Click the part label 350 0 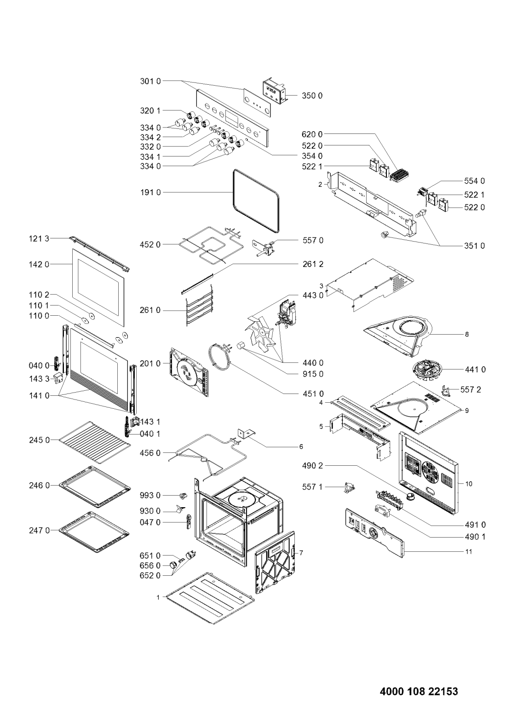coord(312,96)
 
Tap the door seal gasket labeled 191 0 coord(256,200)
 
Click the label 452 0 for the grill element coord(150,245)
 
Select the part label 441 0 coord(475,370)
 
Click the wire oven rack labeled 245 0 coord(94,442)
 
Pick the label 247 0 coord(39,531)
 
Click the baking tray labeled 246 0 coord(94,486)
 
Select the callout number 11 coord(469,551)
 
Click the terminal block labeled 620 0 coord(399,175)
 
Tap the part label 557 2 coord(471,389)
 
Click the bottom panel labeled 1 coord(210,597)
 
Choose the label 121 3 coord(39,238)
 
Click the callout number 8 coord(466,335)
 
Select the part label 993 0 coord(150,496)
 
